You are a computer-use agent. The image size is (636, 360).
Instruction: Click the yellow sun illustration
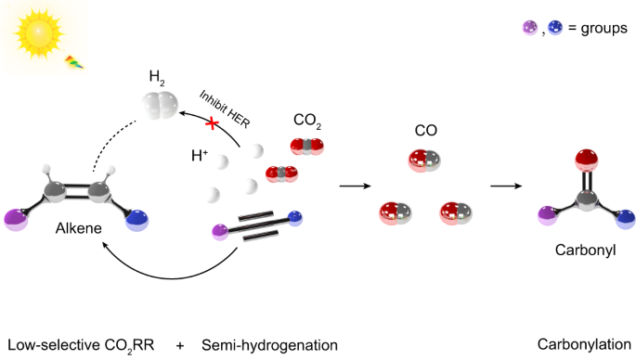click(39, 32)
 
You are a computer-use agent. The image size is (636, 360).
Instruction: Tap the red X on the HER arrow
click(212, 123)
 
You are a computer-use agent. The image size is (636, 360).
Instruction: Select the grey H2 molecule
click(160, 105)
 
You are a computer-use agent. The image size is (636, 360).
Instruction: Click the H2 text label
click(157, 77)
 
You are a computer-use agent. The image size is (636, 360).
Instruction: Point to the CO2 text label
click(307, 121)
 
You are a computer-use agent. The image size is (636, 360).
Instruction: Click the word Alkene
click(79, 228)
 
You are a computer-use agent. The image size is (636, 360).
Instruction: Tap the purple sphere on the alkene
click(16, 220)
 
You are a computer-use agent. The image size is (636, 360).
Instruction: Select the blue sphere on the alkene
click(137, 220)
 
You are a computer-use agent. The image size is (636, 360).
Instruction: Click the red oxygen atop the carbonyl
click(587, 160)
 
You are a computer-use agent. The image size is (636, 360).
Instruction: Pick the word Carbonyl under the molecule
click(585, 250)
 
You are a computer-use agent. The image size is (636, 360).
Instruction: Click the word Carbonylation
click(584, 344)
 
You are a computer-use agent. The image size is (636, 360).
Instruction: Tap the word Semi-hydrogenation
click(270, 345)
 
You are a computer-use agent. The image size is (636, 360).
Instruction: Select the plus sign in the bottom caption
click(180, 346)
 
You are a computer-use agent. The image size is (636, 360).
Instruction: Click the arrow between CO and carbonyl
click(506, 186)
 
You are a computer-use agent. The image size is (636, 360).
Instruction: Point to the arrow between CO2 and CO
click(355, 186)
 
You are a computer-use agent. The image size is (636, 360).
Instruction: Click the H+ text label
click(200, 155)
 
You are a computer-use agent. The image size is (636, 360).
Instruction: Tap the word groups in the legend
click(604, 29)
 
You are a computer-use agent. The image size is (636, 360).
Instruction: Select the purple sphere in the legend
click(530, 28)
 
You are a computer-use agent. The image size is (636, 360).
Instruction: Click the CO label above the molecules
click(426, 131)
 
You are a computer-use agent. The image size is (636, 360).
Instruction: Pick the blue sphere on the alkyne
click(295, 218)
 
